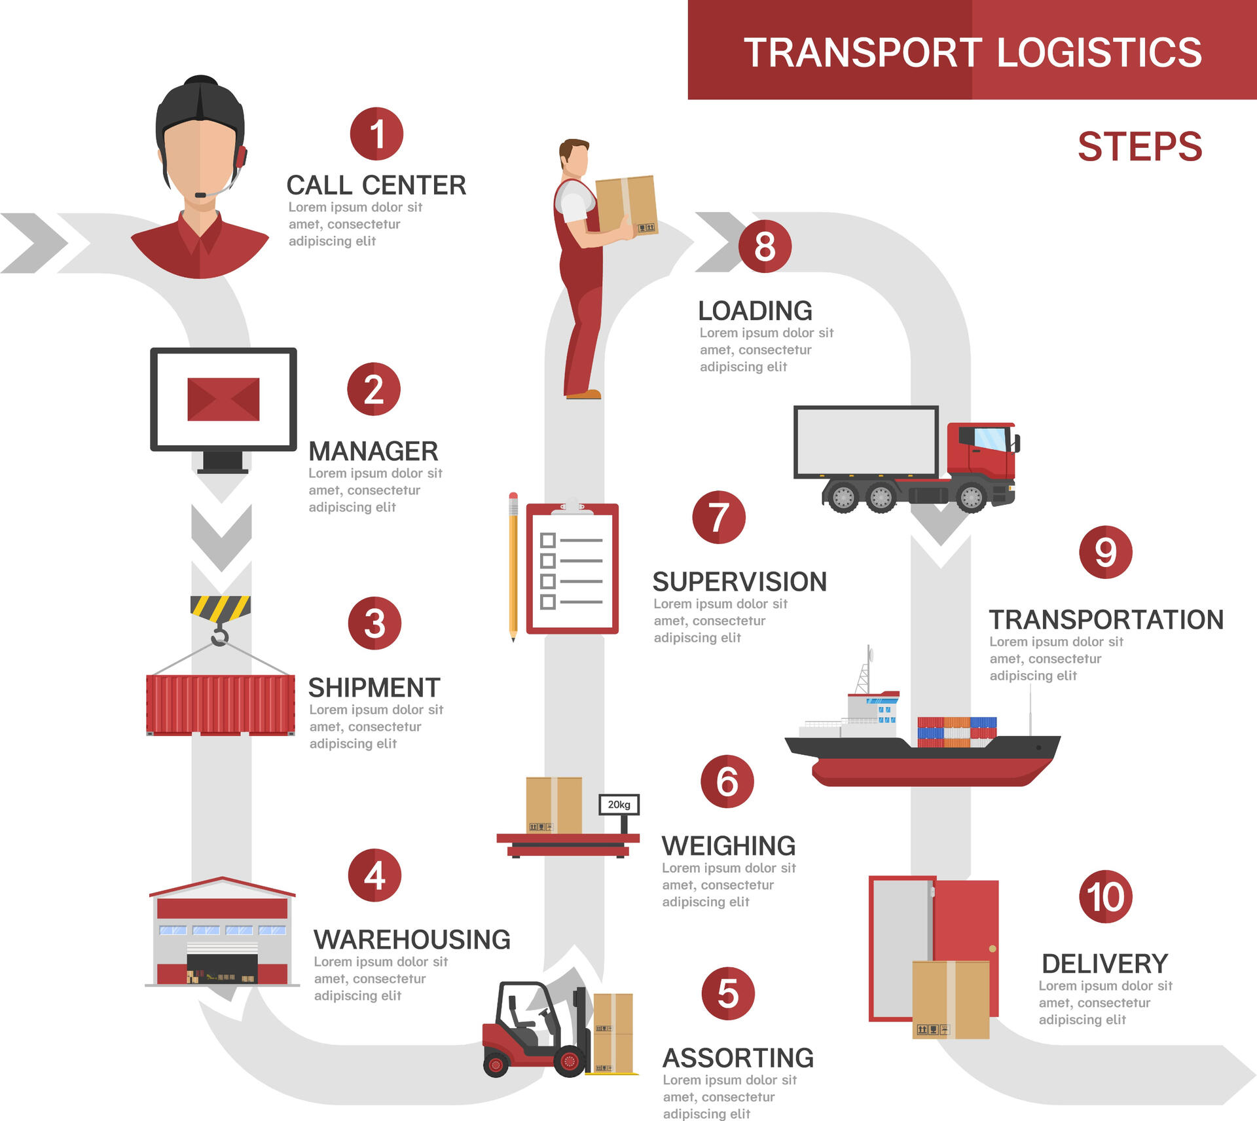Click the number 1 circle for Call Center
[x=376, y=134]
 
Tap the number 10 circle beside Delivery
[x=1105, y=896]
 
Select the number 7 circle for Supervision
[x=719, y=517]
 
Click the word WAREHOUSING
[x=412, y=940]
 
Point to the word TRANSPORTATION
[x=1106, y=619]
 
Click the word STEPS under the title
[x=1140, y=147]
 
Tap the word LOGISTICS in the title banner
[x=1099, y=52]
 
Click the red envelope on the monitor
[x=223, y=399]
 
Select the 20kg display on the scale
[x=619, y=805]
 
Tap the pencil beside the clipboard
[x=513, y=567]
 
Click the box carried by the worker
[x=626, y=204]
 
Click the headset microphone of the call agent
[x=200, y=195]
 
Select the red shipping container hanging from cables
[x=220, y=705]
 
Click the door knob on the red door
[x=993, y=949]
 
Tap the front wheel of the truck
[x=972, y=498]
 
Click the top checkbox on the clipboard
[x=547, y=540]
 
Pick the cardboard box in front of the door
[x=951, y=999]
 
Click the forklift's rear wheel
[x=496, y=1065]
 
